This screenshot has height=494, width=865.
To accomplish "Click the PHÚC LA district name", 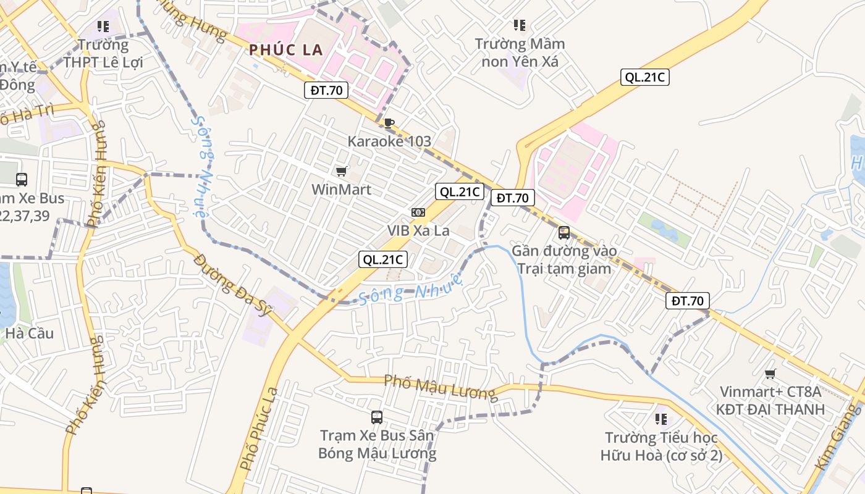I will click(286, 50).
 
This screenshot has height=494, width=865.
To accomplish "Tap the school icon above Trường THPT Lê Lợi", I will click(103, 26).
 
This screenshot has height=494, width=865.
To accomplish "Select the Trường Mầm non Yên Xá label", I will click(519, 52).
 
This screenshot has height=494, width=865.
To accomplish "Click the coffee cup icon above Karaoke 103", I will click(389, 123).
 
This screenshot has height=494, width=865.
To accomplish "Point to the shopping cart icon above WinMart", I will click(341, 171).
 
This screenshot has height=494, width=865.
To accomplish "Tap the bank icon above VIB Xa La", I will click(418, 212).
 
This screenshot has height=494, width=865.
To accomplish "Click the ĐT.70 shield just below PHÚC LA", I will click(326, 90).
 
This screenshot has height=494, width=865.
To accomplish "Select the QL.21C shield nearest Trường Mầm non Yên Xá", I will click(645, 77).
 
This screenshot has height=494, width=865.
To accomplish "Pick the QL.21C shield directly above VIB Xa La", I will click(458, 191).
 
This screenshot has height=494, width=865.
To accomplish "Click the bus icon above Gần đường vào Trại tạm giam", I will click(563, 233).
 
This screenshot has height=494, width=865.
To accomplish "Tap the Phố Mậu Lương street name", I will click(439, 387).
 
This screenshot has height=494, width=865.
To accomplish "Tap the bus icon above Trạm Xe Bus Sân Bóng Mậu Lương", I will click(377, 417).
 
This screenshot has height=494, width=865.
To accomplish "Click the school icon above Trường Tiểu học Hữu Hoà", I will click(661, 420).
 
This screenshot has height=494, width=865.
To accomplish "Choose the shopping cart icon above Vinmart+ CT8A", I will click(770, 374).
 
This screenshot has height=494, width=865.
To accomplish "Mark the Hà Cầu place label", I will click(30, 333).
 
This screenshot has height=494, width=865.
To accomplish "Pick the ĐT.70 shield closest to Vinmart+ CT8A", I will click(687, 301).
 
